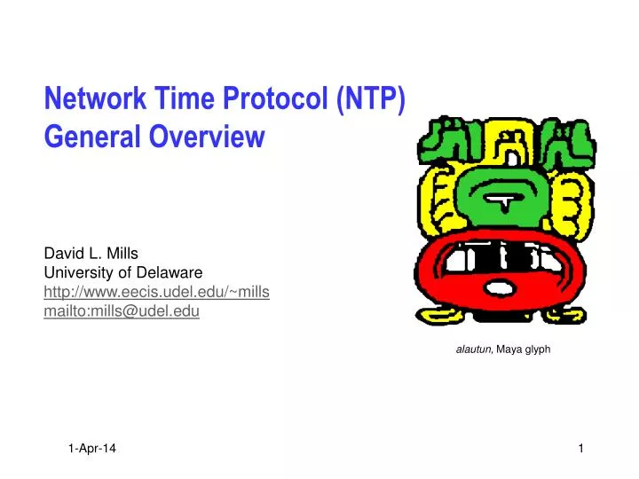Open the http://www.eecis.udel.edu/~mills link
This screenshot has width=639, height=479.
point(157,291)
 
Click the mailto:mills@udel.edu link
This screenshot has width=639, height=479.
point(122,310)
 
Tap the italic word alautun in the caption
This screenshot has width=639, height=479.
point(474,349)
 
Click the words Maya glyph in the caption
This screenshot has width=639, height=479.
point(524,349)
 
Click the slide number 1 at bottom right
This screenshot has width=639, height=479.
point(580,450)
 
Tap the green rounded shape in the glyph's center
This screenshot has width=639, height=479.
point(503,197)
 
